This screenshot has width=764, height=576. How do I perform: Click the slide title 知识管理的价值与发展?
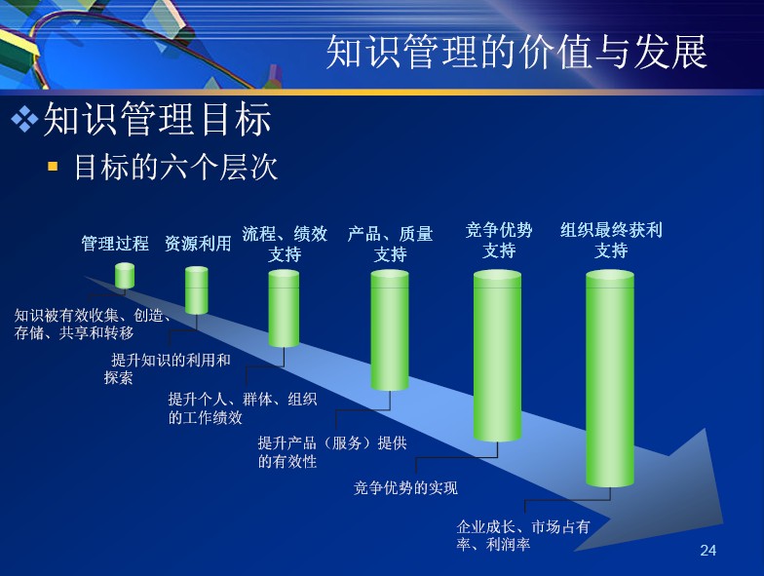(516, 52)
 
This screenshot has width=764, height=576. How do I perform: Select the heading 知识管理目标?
(158, 119)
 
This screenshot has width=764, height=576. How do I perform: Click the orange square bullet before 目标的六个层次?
(53, 168)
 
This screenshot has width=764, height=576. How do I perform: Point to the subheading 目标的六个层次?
(175, 168)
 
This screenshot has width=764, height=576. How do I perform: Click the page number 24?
(707, 550)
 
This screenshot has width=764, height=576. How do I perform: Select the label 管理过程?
(115, 244)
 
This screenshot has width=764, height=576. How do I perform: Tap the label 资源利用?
(198, 244)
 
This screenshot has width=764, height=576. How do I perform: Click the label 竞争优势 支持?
(499, 240)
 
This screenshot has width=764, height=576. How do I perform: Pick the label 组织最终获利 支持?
(611, 240)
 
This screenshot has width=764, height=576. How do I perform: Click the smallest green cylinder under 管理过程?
(125, 276)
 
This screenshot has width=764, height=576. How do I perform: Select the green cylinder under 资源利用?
(197, 290)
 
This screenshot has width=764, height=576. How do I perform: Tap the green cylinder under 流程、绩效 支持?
(285, 308)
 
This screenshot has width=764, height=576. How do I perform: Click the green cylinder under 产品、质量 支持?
(390, 330)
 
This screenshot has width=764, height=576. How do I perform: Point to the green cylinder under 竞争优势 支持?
(497, 357)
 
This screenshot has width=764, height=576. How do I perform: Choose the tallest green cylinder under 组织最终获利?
(610, 378)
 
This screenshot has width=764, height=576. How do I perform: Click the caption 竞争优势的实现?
(405, 487)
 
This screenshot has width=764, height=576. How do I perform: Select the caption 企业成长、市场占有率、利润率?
(523, 535)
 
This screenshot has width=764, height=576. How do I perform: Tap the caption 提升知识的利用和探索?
(168, 368)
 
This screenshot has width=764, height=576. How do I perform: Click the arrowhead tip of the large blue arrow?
(723, 523)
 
